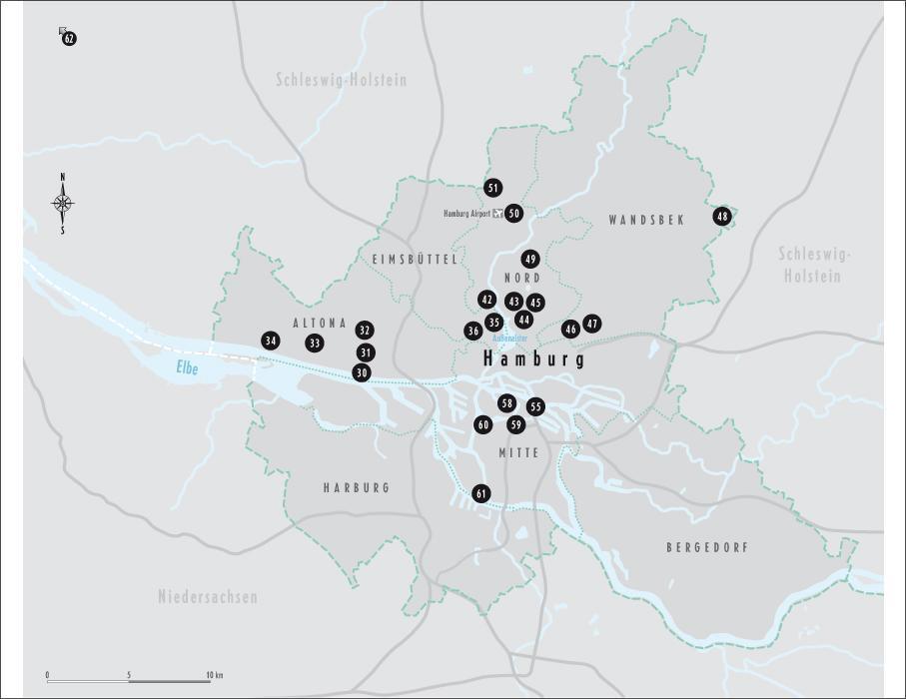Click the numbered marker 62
(x=69, y=39)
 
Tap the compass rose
(x=63, y=204)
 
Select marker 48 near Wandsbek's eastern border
(x=722, y=216)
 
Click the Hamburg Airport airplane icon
(x=498, y=214)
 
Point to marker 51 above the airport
(x=492, y=188)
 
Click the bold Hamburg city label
(x=533, y=358)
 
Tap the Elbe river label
(x=188, y=368)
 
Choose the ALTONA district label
(x=320, y=324)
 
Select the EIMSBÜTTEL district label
(x=414, y=260)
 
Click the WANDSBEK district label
(x=646, y=220)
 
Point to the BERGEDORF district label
(x=707, y=547)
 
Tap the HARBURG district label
(x=356, y=488)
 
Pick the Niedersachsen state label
(x=208, y=597)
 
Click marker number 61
(x=481, y=493)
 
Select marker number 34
(x=270, y=341)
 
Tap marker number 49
(x=530, y=259)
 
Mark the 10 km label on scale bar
(x=214, y=675)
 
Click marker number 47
(x=592, y=324)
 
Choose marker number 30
(x=362, y=372)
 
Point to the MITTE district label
(x=517, y=453)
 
